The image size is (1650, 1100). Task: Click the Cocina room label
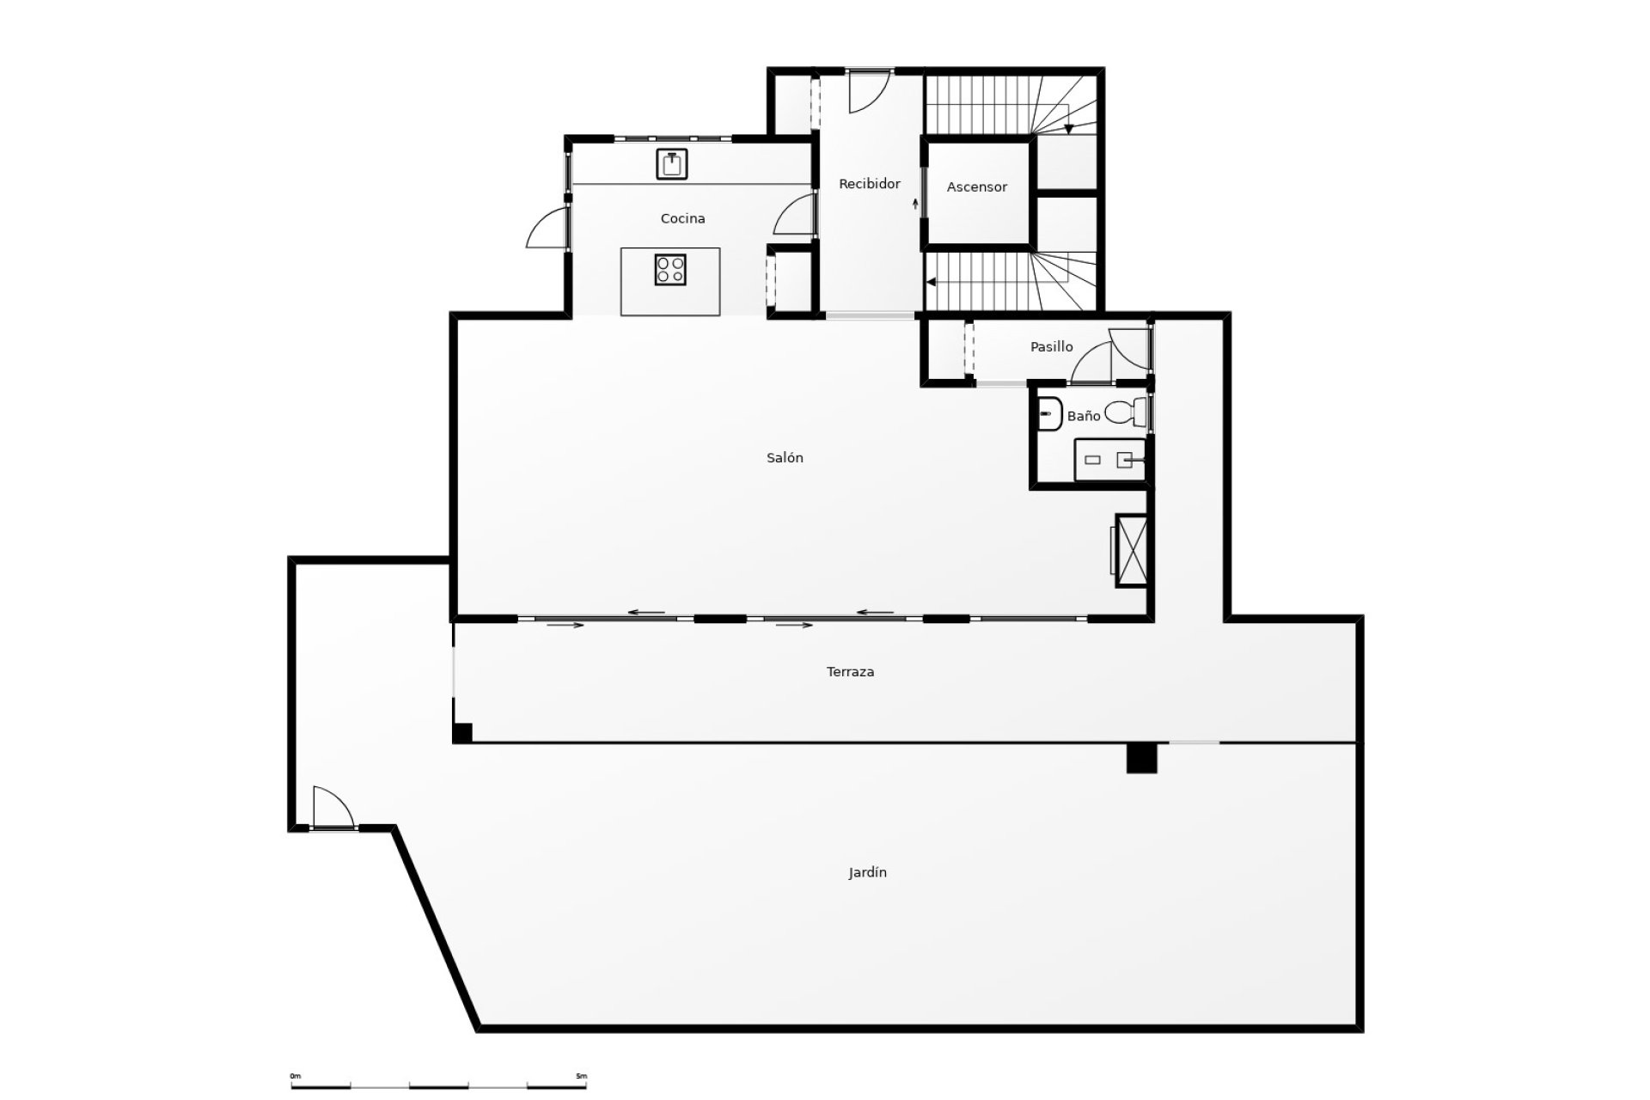coord(682,219)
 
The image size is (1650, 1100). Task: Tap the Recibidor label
coord(870,184)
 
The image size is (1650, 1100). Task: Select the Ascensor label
coord(977,187)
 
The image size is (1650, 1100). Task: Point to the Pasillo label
coord(1052,347)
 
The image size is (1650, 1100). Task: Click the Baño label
coord(1084,416)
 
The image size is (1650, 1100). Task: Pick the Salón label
coord(785,458)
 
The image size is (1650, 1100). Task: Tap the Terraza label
coord(851,672)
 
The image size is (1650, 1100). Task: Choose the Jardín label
coord(868,873)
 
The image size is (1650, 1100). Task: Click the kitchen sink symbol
coord(672,164)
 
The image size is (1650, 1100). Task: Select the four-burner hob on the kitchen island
coord(670,270)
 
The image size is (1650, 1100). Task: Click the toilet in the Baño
coord(1127,413)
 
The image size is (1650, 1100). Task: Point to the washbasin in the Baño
coord(1048,414)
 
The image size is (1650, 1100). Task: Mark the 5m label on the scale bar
coord(581,1076)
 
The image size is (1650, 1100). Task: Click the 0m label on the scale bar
coord(296,1076)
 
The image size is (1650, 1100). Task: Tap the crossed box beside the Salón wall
coord(1132,550)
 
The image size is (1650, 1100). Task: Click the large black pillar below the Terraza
coord(1142,758)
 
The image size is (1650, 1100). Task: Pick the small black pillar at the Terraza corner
coord(462,733)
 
